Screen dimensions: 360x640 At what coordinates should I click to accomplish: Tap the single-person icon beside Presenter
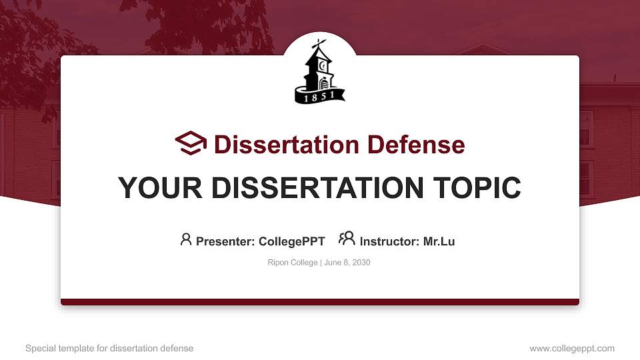(x=186, y=239)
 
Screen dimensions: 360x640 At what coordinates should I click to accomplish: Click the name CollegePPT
(x=292, y=241)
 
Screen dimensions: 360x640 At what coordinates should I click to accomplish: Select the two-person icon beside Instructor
(x=347, y=239)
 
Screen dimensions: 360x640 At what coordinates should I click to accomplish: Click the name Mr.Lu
(x=439, y=241)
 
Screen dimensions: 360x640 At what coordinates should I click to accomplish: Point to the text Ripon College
(x=293, y=263)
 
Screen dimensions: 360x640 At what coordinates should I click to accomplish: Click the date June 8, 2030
(x=347, y=263)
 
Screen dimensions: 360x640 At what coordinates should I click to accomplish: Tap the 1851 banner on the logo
(x=319, y=97)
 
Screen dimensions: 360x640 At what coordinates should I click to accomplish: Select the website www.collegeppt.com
(x=572, y=348)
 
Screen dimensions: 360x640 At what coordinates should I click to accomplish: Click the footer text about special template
(x=109, y=348)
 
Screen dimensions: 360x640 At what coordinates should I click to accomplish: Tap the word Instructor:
(x=390, y=241)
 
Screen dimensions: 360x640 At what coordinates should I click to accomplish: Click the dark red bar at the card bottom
(x=320, y=302)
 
